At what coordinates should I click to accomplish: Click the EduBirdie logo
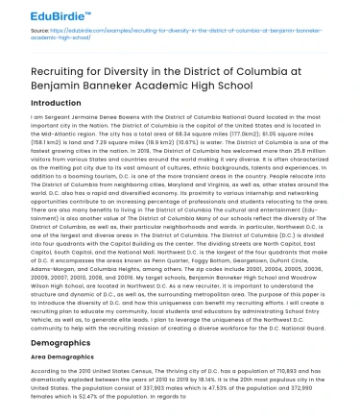38,15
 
